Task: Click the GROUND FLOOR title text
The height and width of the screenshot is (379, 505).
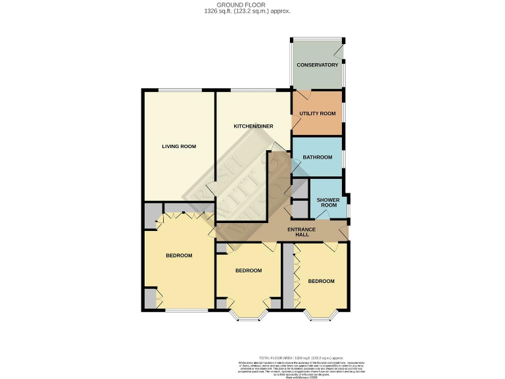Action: [x=253, y=5]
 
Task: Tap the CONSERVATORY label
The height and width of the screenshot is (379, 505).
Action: [x=317, y=65]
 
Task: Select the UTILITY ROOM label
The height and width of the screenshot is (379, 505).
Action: [x=317, y=114]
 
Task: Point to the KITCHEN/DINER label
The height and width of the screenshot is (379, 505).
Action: [x=253, y=126]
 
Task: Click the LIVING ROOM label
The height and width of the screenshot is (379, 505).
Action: [x=179, y=146]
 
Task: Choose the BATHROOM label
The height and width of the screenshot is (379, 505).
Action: [x=317, y=157]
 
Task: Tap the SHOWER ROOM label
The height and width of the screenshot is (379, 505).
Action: [x=327, y=202]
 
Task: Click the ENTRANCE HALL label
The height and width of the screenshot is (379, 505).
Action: [x=302, y=232]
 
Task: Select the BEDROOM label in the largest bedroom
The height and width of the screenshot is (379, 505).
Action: [x=179, y=255]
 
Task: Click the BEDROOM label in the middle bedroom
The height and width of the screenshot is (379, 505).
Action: [x=249, y=270]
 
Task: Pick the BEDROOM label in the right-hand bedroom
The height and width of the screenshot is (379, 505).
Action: [x=322, y=281]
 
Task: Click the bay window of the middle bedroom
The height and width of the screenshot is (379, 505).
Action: [x=249, y=318]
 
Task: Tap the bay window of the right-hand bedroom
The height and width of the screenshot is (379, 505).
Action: [x=322, y=318]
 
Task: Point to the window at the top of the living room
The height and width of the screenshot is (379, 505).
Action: [x=179, y=90]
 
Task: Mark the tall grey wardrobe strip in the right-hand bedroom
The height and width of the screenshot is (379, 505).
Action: [x=288, y=276]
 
